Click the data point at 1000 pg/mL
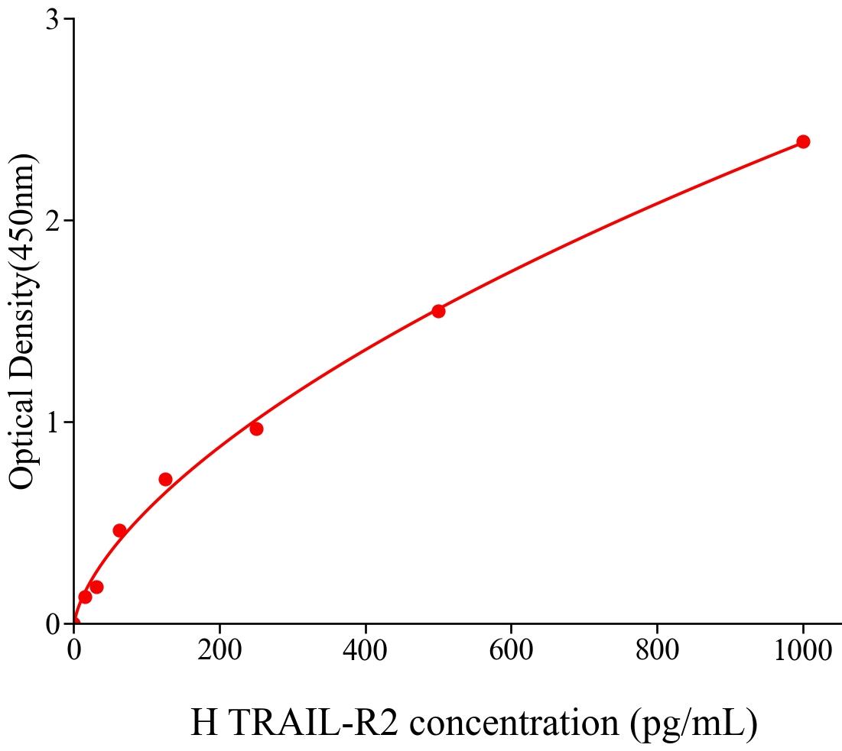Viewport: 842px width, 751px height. click(803, 141)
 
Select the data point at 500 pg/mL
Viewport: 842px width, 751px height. click(438, 311)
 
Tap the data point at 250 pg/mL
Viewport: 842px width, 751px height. click(256, 429)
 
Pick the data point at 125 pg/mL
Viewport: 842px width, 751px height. click(165, 479)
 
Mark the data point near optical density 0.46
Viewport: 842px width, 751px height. click(119, 530)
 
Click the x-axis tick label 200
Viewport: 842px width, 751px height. click(219, 651)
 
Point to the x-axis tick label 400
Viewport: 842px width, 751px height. click(366, 651)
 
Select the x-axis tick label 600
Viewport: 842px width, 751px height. click(511, 651)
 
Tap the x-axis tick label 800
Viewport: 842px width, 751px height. click(657, 651)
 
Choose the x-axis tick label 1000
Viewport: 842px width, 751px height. click(801, 651)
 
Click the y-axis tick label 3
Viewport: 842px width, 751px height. click(53, 20)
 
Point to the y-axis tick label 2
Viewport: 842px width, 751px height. click(53, 221)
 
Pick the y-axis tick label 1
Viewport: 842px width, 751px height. click(53, 422)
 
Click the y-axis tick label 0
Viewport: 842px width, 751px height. click(53, 624)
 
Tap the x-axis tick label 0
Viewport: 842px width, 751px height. click(74, 651)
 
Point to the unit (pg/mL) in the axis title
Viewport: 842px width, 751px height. click(694, 722)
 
